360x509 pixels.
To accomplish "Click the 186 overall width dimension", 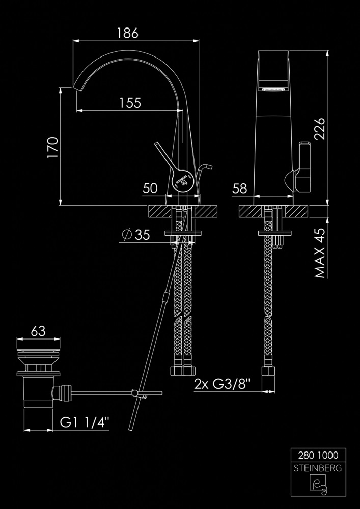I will (x=128, y=34).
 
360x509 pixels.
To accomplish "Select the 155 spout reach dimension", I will (x=130, y=103).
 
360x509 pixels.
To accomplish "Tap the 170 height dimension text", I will (x=52, y=148).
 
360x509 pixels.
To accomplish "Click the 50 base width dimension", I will (x=150, y=189).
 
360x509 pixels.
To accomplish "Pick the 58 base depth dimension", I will (x=239, y=189).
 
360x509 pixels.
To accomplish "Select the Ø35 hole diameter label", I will (x=136, y=235).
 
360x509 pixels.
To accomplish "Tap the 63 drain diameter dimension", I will (x=38, y=331).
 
